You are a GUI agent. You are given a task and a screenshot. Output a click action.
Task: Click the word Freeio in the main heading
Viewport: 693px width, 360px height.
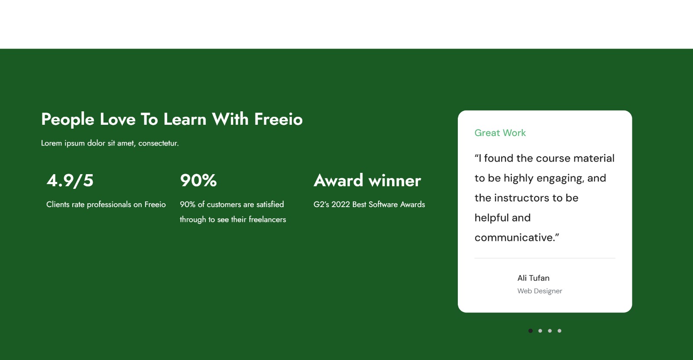coord(278,119)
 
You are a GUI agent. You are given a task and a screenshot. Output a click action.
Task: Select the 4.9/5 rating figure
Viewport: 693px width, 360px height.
coord(70,181)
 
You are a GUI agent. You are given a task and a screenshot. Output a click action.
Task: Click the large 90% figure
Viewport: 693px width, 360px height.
coord(198,181)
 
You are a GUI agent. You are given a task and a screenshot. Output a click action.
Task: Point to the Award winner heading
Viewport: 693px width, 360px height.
coord(367,181)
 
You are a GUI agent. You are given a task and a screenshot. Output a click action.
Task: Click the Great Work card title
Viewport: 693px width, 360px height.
coord(500,133)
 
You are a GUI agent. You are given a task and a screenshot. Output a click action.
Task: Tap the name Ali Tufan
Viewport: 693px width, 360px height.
coord(533,278)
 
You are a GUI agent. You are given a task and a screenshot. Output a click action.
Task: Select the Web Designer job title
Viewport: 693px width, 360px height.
coord(540,291)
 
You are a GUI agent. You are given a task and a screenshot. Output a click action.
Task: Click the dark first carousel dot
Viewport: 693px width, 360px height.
coord(530,331)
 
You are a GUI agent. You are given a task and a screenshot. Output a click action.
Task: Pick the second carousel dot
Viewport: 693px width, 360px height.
coord(540,331)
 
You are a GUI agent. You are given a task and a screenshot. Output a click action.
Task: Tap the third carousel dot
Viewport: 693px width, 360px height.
coord(550,331)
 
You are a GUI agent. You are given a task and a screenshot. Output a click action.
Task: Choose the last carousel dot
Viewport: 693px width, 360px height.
coord(559,331)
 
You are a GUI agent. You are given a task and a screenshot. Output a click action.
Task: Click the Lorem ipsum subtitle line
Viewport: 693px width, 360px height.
coord(110,143)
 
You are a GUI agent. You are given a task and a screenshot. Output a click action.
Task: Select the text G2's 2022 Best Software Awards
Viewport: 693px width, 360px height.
coord(369,204)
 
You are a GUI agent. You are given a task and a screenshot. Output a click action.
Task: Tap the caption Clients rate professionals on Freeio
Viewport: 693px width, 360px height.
coord(106,204)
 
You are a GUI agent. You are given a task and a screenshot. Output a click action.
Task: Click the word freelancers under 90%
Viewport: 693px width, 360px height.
coord(267,220)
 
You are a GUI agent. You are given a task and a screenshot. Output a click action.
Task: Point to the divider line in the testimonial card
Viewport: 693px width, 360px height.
coord(545,258)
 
